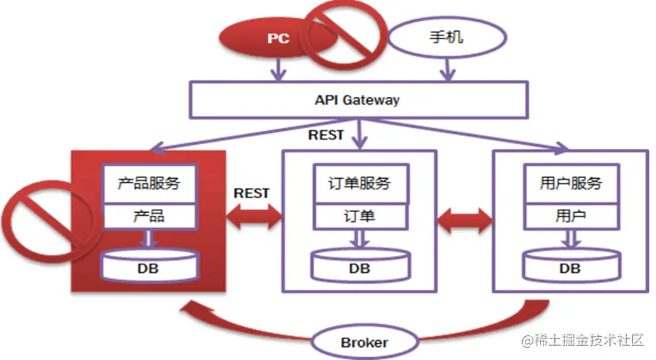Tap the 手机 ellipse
445,36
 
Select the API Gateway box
357,100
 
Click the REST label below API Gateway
327,135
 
